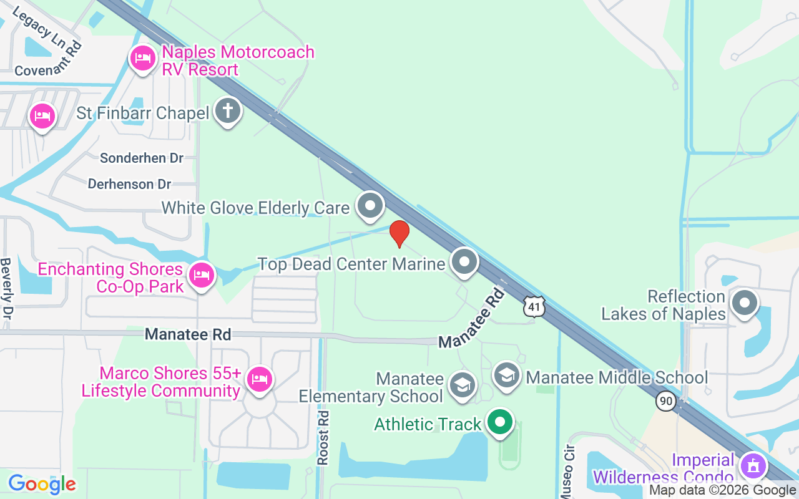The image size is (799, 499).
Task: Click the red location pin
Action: coord(399,233)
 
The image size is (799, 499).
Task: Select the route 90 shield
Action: coord(667,401)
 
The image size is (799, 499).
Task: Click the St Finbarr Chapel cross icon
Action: coord(228,112)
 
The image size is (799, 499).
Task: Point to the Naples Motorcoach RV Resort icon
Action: coord(143,59)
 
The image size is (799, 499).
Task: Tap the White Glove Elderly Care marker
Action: coord(371,205)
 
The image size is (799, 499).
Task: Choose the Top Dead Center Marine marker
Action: coord(464,262)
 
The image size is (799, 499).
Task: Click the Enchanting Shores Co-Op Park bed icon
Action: coord(201,274)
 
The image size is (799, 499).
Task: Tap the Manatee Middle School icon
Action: coord(506,375)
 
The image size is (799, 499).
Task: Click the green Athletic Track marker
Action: coord(499,422)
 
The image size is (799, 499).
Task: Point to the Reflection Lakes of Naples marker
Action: coord(744,304)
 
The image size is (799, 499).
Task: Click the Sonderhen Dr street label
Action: coord(142,158)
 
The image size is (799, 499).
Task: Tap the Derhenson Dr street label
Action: coord(129,185)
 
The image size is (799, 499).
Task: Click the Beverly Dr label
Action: coord(7,288)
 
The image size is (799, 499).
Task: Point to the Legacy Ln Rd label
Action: coord(46,31)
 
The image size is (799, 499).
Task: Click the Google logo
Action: coord(42,483)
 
